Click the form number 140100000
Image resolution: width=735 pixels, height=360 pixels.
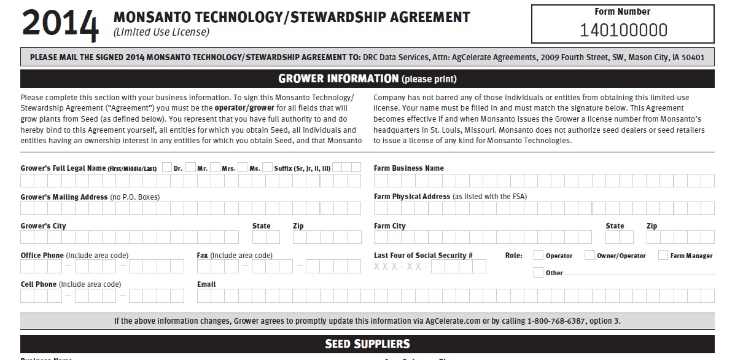tap(623, 30)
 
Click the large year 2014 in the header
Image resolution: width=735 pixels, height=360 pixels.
tap(60, 25)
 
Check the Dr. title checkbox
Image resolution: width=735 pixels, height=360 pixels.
tap(166, 167)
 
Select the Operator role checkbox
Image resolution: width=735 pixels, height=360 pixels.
tap(539, 255)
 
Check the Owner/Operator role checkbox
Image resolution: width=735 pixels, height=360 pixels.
tap(589, 255)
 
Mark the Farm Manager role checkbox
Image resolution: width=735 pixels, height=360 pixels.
tap(663, 255)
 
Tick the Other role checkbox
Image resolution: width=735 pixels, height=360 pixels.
tap(539, 272)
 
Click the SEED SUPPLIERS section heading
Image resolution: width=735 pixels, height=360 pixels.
tap(367, 343)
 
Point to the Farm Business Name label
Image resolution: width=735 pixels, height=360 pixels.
tap(408, 168)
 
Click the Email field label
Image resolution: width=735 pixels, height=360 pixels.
tap(206, 284)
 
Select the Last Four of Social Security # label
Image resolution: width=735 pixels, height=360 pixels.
tap(423, 255)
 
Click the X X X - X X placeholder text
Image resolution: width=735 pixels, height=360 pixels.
tap(399, 267)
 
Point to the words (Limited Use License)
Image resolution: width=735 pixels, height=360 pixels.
tap(161, 32)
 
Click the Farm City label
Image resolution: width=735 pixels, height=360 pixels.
tap(390, 226)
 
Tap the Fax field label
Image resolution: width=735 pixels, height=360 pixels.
tap(203, 255)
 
